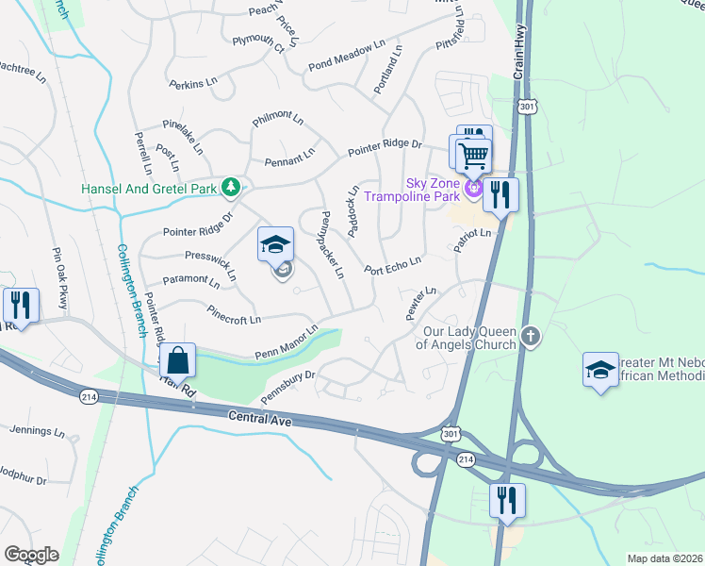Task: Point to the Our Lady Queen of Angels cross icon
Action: tap(532, 337)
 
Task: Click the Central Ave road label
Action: tap(262, 415)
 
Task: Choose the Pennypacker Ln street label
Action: tap(332, 243)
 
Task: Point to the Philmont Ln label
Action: tap(277, 121)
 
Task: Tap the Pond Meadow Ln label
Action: tap(347, 57)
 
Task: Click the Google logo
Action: tap(31, 554)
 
